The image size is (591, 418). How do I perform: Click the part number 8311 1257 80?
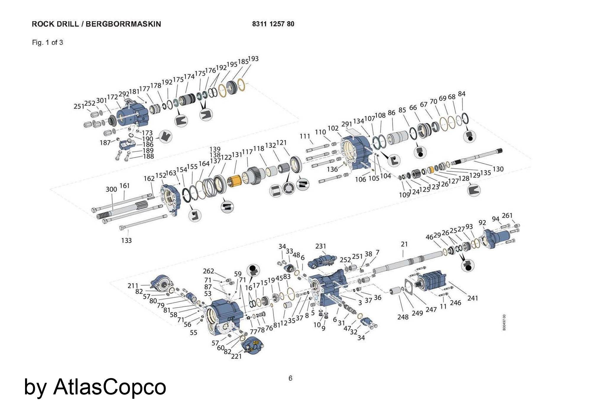point(273,24)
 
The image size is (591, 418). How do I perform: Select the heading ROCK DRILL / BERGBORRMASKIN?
point(96,24)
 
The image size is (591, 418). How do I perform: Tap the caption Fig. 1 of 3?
point(47,43)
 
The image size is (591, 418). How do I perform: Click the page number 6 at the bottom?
point(290,378)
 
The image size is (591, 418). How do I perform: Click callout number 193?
point(253,59)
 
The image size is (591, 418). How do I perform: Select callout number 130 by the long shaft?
point(498,169)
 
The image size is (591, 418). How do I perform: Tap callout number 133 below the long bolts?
point(126,240)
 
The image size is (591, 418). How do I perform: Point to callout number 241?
point(473,298)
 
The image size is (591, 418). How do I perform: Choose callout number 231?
point(321,246)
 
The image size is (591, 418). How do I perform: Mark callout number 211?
point(133,286)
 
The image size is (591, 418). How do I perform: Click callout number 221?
point(236,356)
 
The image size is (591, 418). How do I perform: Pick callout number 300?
point(111,189)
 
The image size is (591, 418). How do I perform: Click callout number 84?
point(462,94)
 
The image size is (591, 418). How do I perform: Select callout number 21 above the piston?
point(404,244)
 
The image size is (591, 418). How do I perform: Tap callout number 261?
point(507,215)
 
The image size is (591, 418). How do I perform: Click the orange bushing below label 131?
point(234,180)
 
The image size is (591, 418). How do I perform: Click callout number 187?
point(105,142)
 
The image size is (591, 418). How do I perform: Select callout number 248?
point(403,317)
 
